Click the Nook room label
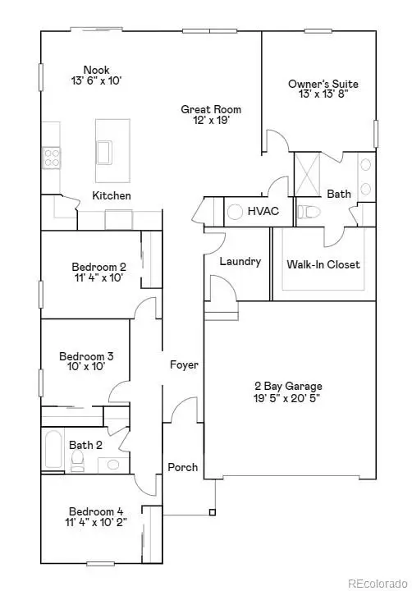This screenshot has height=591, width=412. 97,70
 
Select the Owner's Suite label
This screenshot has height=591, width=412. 323,84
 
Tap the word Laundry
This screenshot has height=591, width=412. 240,262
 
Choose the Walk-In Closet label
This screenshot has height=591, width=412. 323,264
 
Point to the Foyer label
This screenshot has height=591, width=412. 184,364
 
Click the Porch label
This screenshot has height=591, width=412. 183,467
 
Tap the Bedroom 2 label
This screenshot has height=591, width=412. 98,267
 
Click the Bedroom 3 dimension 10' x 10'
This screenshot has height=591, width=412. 86,368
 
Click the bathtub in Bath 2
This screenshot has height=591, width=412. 53,451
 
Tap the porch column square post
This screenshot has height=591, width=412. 212,513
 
